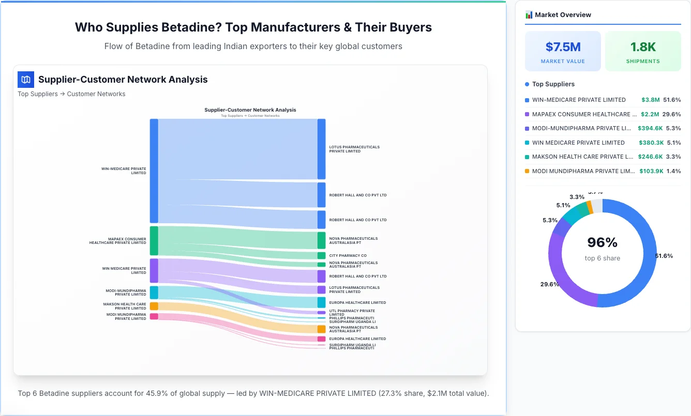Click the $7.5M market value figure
click(563, 47)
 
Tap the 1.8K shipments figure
click(643, 47)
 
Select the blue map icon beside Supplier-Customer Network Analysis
click(26, 80)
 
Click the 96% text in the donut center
click(603, 242)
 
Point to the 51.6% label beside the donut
click(664, 256)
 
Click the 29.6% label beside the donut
click(549, 284)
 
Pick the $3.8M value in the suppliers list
click(650, 100)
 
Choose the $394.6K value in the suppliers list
click(648, 128)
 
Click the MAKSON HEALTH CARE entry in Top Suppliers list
click(582, 157)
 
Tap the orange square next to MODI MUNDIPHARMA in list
click(527, 171)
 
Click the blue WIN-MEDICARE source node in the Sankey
click(154, 171)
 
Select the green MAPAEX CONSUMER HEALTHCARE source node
click(154, 241)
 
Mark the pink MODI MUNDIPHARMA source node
click(154, 316)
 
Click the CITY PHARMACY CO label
click(348, 256)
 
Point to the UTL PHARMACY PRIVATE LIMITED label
click(352, 313)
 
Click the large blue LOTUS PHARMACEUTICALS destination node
click(321, 149)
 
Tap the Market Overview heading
click(563, 15)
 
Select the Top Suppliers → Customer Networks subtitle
click(71, 94)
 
